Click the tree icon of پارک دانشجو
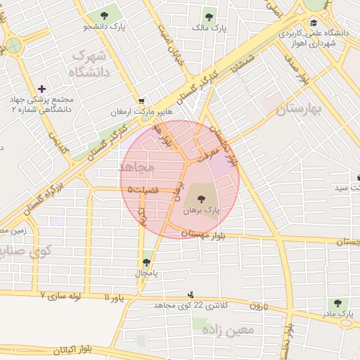click(x=104, y=15)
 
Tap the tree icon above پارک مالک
click(x=208, y=16)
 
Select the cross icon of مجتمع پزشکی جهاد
click(x=42, y=89)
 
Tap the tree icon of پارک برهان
click(x=202, y=198)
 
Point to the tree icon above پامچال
click(x=146, y=262)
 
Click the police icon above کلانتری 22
click(x=191, y=295)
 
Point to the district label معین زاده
click(x=226, y=328)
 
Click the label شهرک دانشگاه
click(x=89, y=64)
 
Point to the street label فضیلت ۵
click(x=144, y=189)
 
